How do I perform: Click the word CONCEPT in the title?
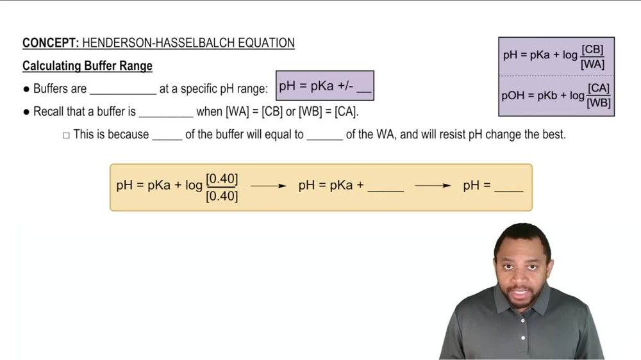pyautogui.click(x=50, y=44)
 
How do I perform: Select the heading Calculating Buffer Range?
pyautogui.click(x=87, y=66)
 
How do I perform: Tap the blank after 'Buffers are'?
pyautogui.click(x=122, y=90)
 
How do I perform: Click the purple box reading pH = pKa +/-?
pyautogui.click(x=324, y=86)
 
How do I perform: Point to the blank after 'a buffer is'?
pyautogui.click(x=165, y=112)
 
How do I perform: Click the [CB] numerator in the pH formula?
pyautogui.click(x=592, y=49)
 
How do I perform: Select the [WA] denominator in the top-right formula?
pyautogui.click(x=592, y=64)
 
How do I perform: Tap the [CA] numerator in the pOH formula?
pyautogui.click(x=599, y=88)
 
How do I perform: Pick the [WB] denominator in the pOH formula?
pyautogui.click(x=599, y=102)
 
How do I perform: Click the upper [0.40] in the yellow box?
pyautogui.click(x=222, y=178)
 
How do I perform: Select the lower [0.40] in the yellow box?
pyautogui.click(x=222, y=196)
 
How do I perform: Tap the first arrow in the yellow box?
pyautogui.click(x=268, y=186)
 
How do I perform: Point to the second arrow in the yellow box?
pyautogui.click(x=433, y=186)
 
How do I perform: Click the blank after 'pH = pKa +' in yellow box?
pyautogui.click(x=386, y=188)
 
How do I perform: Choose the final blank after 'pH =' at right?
pyautogui.click(x=509, y=188)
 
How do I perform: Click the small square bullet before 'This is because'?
pyautogui.click(x=65, y=135)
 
